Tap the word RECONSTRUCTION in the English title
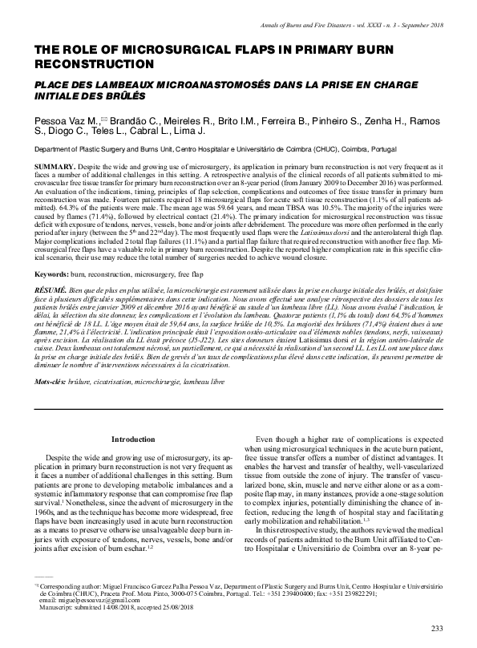pos(93,63)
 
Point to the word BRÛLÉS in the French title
pos(124,95)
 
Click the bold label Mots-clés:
pos(52,383)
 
